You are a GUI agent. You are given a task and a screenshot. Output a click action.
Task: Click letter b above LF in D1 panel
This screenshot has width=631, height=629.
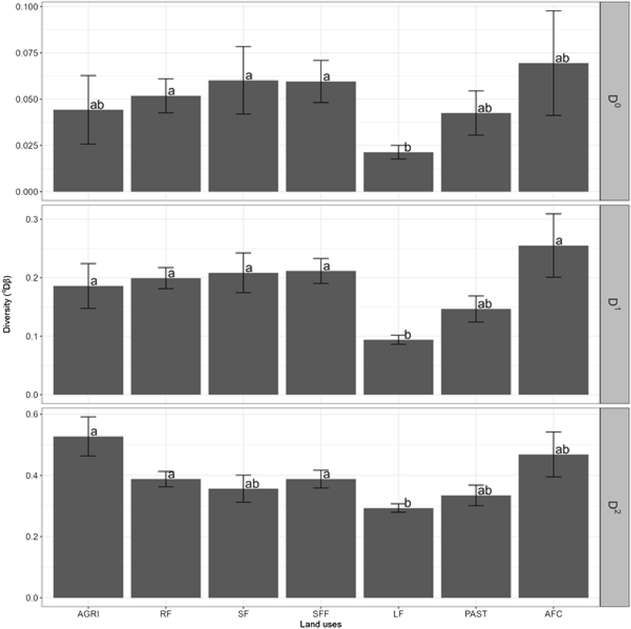[x=407, y=335]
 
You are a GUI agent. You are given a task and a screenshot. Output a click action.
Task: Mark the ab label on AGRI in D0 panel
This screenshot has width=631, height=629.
[x=97, y=105]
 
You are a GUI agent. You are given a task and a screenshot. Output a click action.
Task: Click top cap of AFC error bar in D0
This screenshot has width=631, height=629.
[x=553, y=11]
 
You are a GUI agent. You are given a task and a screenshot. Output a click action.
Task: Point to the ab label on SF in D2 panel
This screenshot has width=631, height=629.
[x=252, y=484]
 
